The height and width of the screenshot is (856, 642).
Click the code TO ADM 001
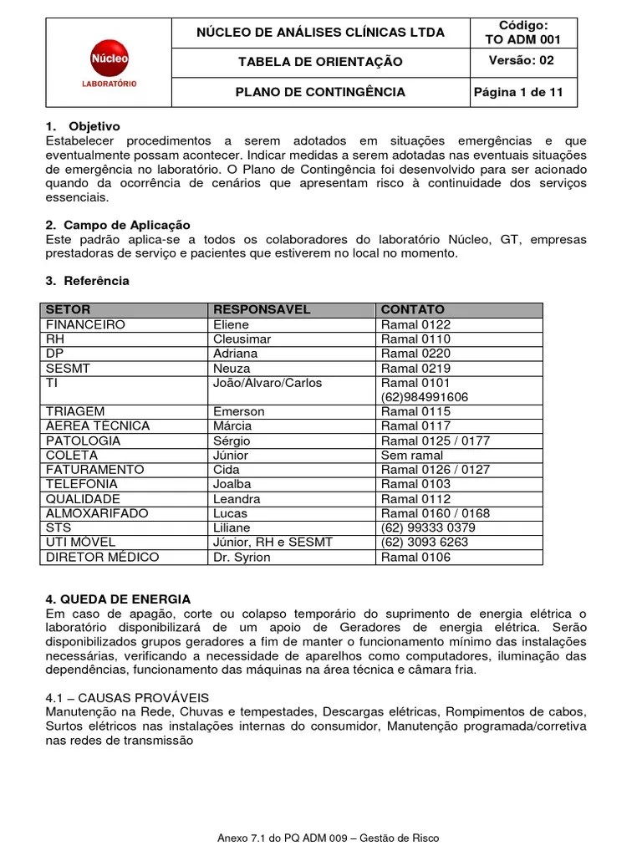[523, 39]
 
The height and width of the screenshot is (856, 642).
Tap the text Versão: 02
[522, 61]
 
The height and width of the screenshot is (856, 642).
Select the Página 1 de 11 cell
[522, 92]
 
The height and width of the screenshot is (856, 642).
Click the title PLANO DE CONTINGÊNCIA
[320, 92]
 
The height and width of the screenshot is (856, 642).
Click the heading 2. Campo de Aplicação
[118, 225]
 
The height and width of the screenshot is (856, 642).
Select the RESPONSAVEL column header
[262, 309]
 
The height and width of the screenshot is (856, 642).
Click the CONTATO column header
[413, 309]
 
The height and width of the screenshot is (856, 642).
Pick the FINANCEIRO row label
[85, 324]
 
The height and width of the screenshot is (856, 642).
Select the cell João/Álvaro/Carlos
[267, 383]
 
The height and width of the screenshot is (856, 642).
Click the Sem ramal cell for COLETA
[412, 455]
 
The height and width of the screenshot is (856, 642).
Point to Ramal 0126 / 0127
[435, 469]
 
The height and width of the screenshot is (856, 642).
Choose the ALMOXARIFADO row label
[97, 512]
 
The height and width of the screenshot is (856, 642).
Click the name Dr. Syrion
[242, 557]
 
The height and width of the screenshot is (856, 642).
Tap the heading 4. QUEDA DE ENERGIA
[118, 599]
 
